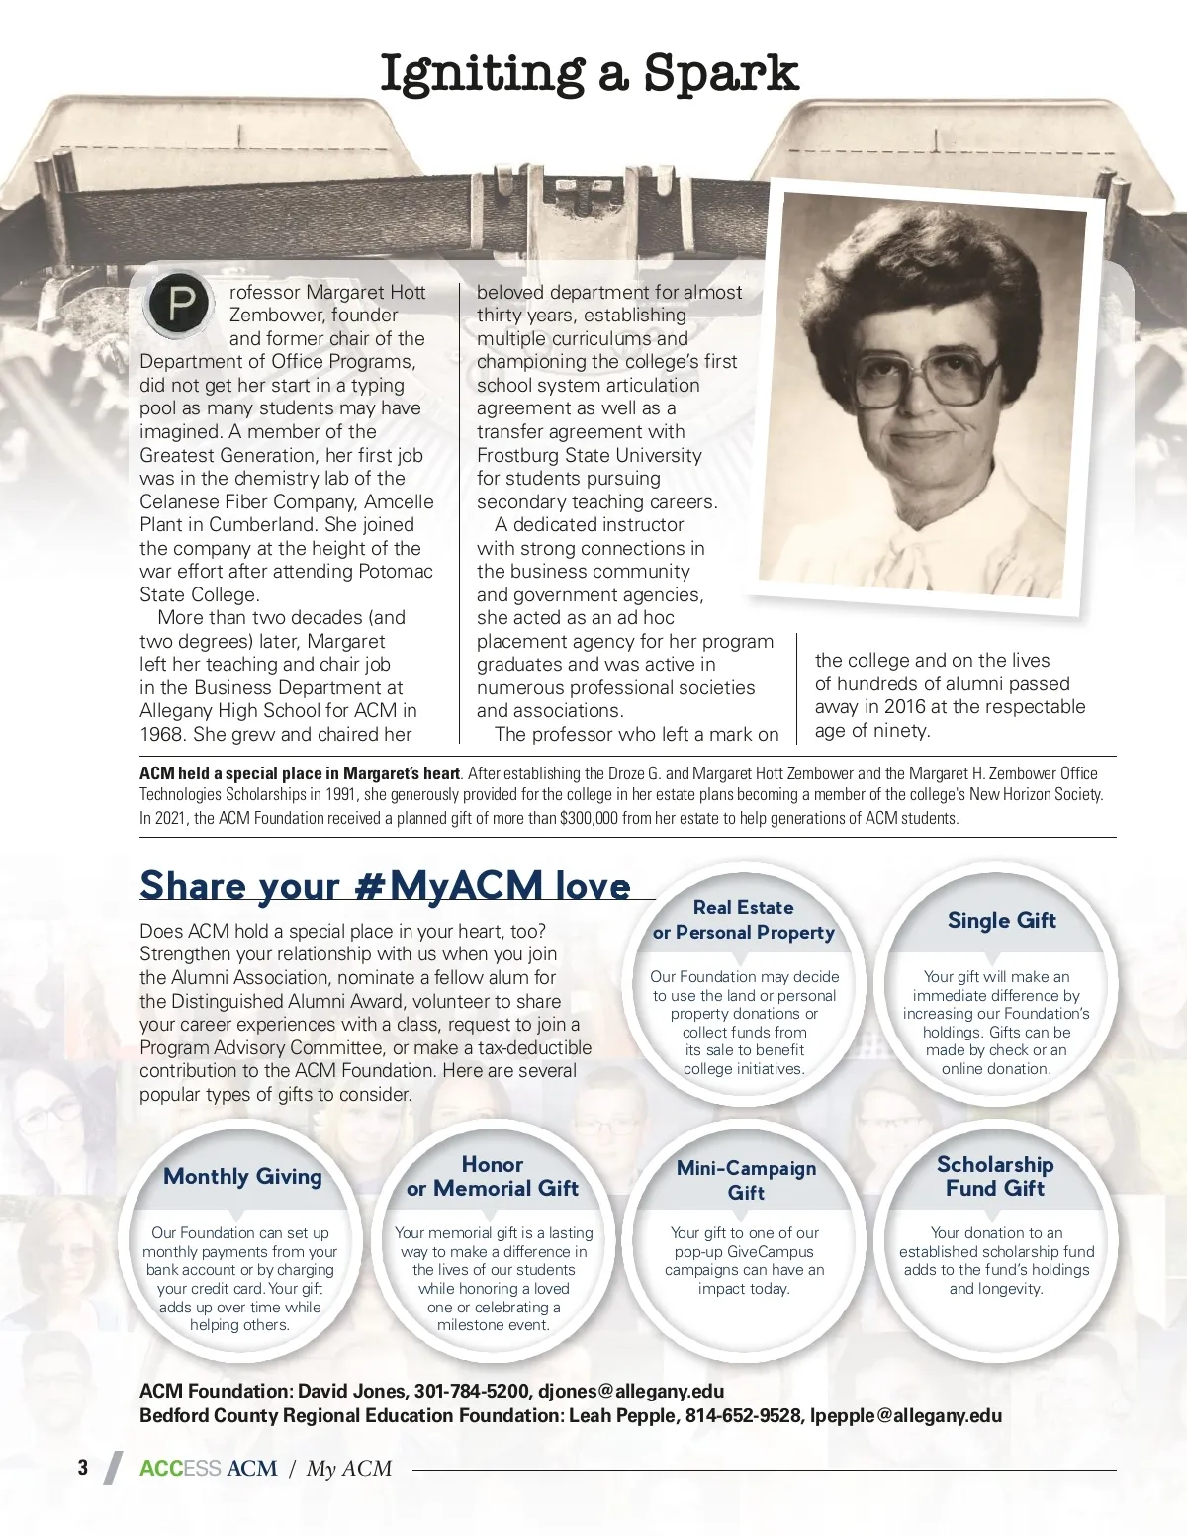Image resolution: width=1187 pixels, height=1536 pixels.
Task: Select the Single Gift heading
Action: (x=1001, y=920)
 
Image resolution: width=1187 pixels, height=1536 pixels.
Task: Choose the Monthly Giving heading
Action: (x=242, y=1176)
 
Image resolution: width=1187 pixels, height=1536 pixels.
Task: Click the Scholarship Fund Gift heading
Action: (x=995, y=1176)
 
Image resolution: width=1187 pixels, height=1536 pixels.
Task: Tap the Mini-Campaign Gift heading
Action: (x=746, y=1180)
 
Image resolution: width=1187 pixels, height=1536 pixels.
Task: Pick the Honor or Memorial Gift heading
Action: (x=493, y=1176)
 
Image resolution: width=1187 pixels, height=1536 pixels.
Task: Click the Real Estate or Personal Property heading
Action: (x=744, y=920)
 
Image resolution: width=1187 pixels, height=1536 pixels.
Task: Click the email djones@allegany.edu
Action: (x=631, y=1391)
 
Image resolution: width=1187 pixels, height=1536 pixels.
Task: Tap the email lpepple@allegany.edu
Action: (x=905, y=1415)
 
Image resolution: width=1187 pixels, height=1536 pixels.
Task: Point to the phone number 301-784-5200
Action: (x=471, y=1391)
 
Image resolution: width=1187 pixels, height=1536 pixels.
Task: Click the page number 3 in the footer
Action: (x=83, y=1468)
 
